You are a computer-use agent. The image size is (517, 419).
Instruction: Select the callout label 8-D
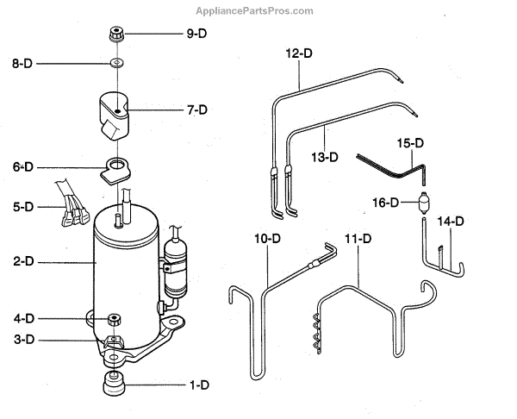[22, 64]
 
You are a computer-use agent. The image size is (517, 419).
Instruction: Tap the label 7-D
[197, 109]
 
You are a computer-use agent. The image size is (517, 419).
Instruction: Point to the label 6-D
[22, 166]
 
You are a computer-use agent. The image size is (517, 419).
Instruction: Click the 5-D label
[22, 207]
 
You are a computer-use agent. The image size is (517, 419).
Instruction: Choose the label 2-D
[22, 259]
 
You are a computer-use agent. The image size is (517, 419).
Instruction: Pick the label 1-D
[197, 384]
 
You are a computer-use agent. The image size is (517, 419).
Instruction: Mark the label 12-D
[299, 53]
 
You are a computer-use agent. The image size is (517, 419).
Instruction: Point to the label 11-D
[356, 237]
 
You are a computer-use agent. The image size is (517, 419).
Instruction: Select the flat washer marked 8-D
[115, 64]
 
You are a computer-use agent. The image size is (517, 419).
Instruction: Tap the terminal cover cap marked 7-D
[117, 114]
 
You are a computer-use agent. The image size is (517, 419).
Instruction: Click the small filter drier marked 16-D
[421, 204]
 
